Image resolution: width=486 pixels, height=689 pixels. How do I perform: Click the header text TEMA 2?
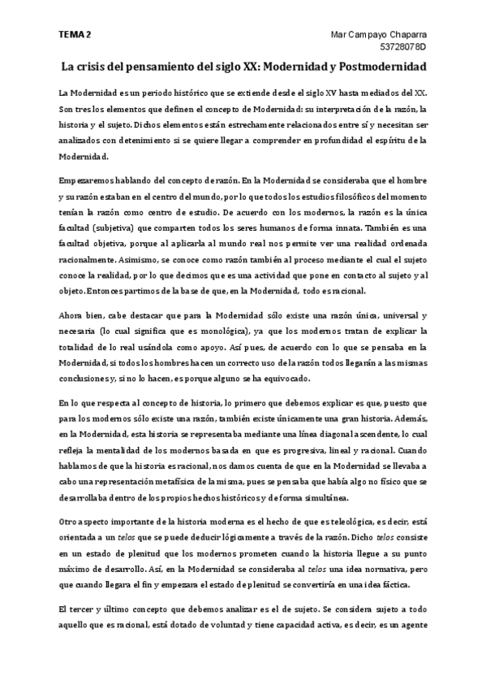[75, 35]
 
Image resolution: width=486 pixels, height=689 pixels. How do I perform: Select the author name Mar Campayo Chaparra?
[381, 35]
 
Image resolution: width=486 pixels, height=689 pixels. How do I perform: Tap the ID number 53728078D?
[404, 48]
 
